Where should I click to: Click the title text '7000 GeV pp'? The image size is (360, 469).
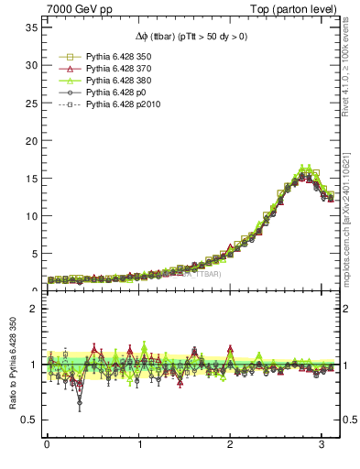click(x=74, y=9)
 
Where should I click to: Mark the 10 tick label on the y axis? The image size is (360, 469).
click(x=30, y=216)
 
